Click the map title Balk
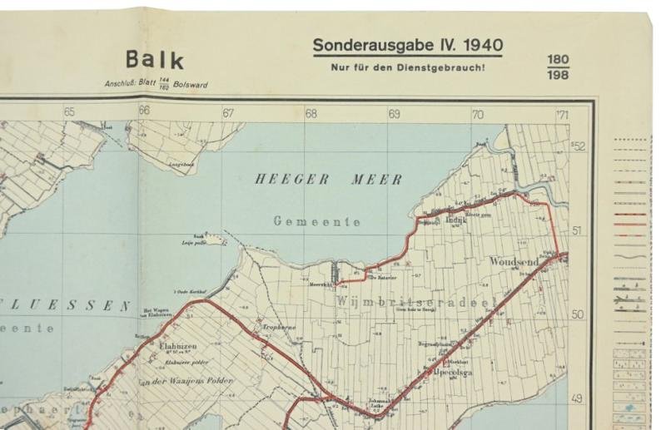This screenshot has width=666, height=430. (x=155, y=60)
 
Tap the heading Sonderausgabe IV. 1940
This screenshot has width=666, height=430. (x=407, y=45)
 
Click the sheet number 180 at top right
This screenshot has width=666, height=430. (x=558, y=60)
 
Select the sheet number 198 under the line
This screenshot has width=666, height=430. (x=558, y=77)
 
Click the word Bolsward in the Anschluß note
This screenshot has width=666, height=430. (x=191, y=84)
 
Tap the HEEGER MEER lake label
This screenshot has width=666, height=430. (x=328, y=179)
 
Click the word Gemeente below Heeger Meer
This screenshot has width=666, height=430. (x=317, y=222)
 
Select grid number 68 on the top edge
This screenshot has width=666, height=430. (x=311, y=113)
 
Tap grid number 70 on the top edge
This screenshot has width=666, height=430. (x=478, y=113)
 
